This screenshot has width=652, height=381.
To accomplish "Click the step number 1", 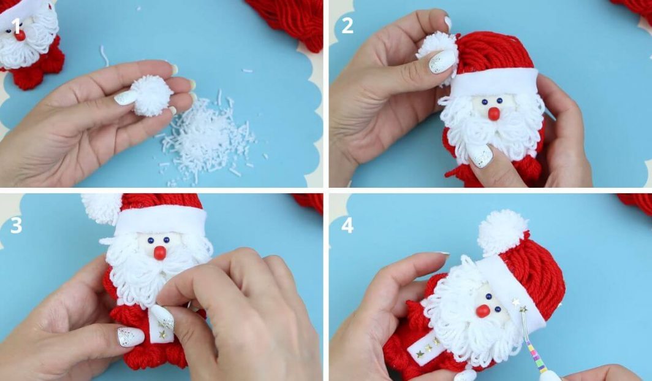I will pyautogui.click(x=17, y=26).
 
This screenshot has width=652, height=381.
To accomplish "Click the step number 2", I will pyautogui.click(x=347, y=26).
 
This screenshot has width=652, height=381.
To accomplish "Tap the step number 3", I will pyautogui.click(x=16, y=226).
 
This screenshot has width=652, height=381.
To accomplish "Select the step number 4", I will pyautogui.click(x=347, y=226).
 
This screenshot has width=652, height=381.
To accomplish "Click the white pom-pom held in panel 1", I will pyautogui.click(x=152, y=96).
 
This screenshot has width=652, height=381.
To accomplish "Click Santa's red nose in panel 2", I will pyautogui.click(x=494, y=114).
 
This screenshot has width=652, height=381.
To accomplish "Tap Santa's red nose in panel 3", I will pyautogui.click(x=160, y=253).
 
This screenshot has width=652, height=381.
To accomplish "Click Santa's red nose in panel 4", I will pyautogui.click(x=483, y=311).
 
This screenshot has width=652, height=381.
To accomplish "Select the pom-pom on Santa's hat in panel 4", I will pyautogui.click(x=502, y=233).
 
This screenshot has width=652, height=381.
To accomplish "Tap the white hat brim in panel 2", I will pyautogui.click(x=494, y=82).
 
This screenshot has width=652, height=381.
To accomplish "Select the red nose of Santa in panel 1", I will pyautogui.click(x=20, y=36).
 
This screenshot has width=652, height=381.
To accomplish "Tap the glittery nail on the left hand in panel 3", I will pyautogui.click(x=131, y=336).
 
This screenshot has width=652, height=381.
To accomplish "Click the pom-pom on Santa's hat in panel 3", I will pyautogui.click(x=101, y=209).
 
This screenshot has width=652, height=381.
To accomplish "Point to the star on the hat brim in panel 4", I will pyautogui.click(x=517, y=302).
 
